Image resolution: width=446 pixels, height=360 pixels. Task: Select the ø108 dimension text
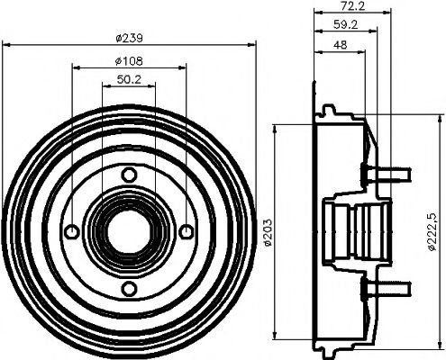pyautogui.click(x=130, y=60)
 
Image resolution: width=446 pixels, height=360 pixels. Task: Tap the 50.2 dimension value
pyautogui.click(x=130, y=80)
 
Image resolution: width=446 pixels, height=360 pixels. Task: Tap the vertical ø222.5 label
pyautogui.click(x=435, y=233)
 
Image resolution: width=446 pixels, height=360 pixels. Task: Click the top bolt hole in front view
pyautogui.click(x=129, y=174)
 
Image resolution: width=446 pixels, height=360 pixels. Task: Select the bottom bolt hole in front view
pyautogui.click(x=129, y=287)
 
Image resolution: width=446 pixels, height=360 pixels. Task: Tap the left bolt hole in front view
pyautogui.click(x=72, y=231)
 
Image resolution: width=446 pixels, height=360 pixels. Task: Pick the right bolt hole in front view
pyautogui.click(x=186, y=231)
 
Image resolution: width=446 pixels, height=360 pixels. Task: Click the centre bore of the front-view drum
pyautogui.click(x=129, y=231)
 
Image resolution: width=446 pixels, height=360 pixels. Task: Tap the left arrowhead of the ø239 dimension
pyautogui.click(x=5, y=45)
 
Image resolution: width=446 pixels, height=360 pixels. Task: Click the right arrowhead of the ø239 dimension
pyautogui.click(x=253, y=45)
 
